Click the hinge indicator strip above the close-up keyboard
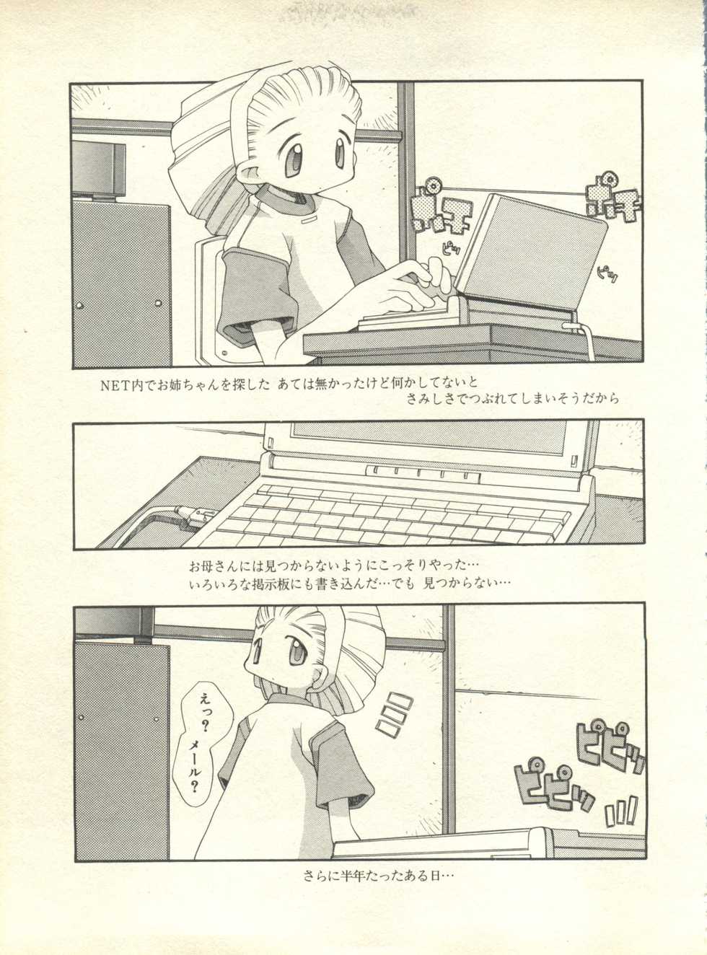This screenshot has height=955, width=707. coord(423,473)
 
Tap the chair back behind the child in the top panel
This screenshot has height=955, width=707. coord(206,289)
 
